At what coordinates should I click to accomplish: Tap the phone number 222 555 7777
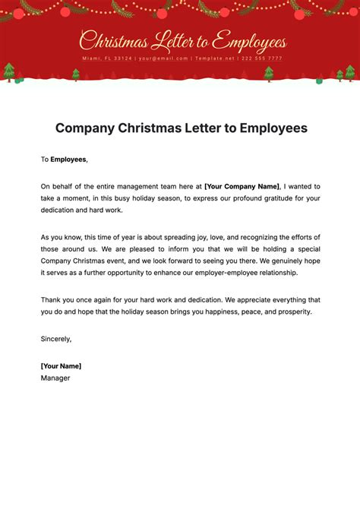[x=261, y=58]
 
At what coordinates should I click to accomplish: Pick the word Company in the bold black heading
[x=84, y=128]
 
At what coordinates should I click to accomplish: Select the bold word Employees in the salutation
[x=68, y=160]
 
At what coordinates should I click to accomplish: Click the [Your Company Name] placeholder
[x=242, y=186]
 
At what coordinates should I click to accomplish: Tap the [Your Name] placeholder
[x=61, y=365]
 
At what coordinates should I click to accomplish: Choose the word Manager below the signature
[x=55, y=378]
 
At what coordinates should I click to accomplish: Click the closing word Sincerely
[x=56, y=339]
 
